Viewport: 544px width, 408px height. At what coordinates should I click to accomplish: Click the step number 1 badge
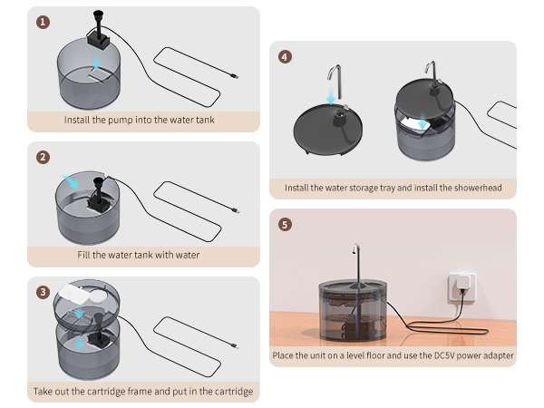(x=43, y=21)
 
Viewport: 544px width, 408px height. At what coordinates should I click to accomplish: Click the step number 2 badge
(x=43, y=156)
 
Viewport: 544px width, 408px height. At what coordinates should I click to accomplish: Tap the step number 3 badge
(x=43, y=292)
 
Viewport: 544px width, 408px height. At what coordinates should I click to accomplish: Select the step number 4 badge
(x=286, y=56)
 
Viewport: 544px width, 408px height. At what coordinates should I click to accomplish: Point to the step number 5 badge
(x=286, y=224)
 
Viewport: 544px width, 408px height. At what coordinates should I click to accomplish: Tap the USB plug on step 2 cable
(x=237, y=213)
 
